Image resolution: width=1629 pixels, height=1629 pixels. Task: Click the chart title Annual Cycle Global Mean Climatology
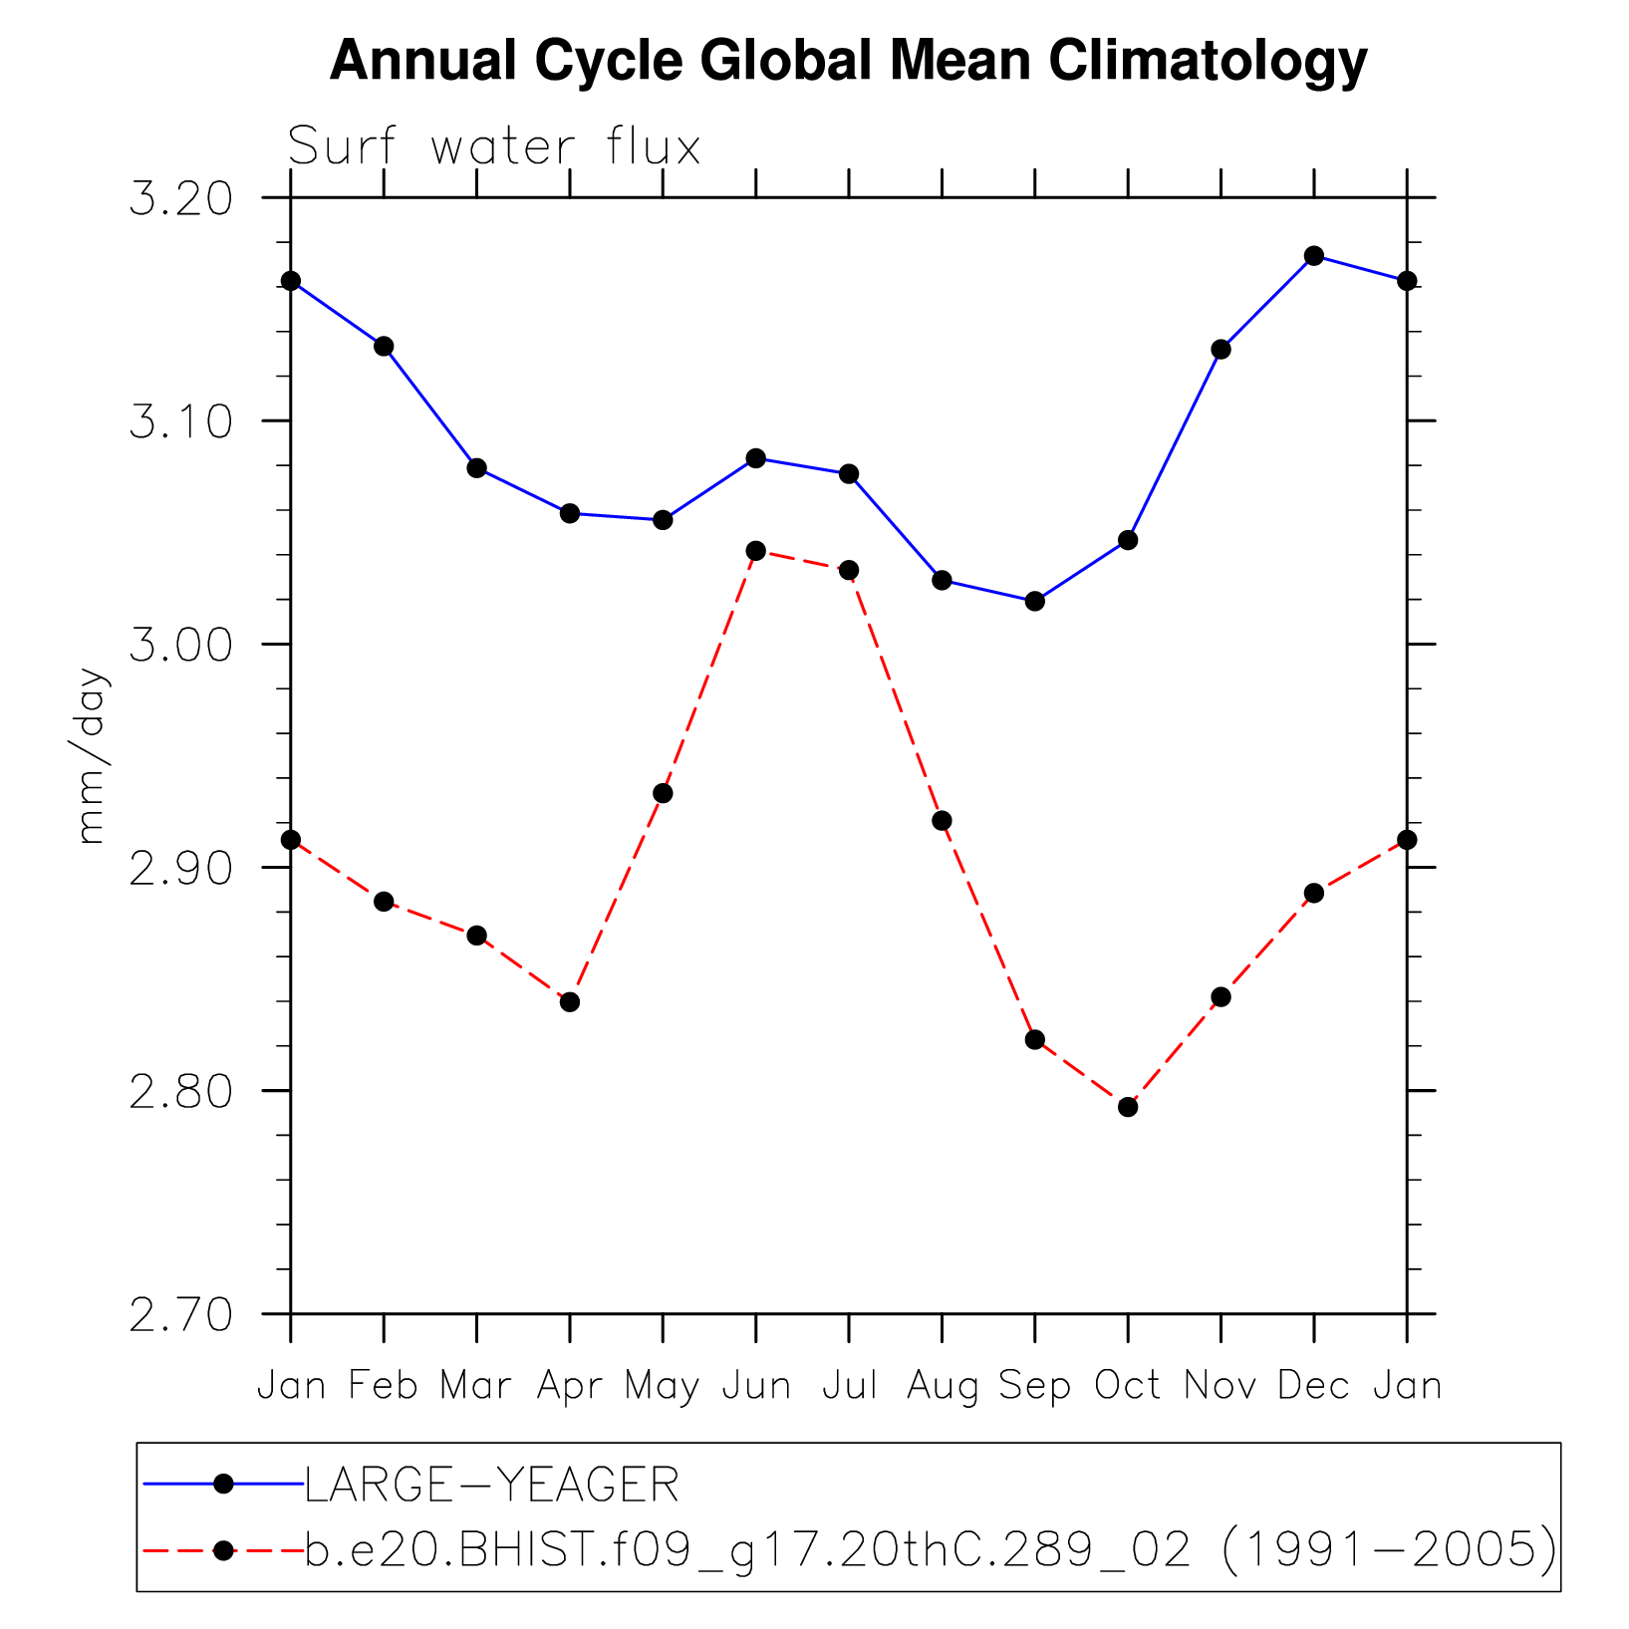848,62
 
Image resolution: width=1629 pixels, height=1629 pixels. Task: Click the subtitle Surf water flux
494,147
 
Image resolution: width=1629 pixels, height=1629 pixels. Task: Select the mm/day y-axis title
91,756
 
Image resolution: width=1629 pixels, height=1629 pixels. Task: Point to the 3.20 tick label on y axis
180,198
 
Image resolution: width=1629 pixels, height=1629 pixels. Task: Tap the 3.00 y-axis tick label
180,645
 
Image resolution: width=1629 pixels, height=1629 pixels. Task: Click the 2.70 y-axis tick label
180,1314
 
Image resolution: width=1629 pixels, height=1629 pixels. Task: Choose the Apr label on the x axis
570,1386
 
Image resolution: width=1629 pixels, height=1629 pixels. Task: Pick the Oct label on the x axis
1128,1386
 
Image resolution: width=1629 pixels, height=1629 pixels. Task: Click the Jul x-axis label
849,1386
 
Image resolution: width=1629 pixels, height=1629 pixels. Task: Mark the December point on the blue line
1314,256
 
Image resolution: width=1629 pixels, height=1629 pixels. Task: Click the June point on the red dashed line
756,551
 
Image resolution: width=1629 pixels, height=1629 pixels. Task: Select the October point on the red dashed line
1128,1107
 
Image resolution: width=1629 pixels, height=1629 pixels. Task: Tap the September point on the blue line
1035,601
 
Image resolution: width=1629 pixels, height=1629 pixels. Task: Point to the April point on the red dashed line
570,1001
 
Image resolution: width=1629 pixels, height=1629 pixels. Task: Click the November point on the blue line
1222,350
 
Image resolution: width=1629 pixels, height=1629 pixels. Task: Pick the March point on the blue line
477,468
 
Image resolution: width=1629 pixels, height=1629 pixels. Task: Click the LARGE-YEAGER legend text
492,1486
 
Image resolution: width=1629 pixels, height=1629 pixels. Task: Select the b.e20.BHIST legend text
931,1550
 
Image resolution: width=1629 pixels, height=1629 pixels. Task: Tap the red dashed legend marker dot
224,1550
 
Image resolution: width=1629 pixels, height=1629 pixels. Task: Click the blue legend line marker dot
224,1485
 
